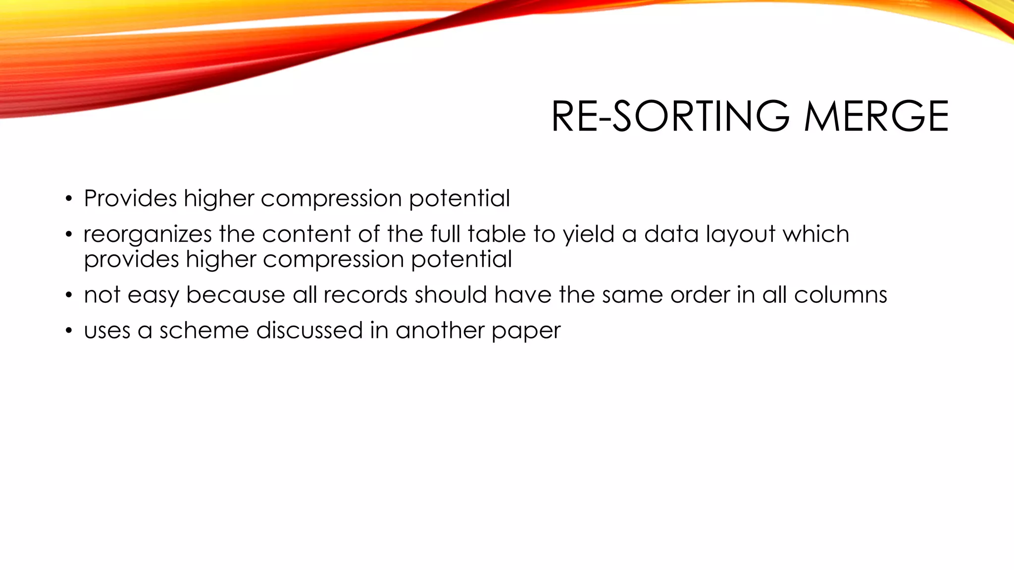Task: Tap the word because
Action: (235, 295)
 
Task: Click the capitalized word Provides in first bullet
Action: (130, 198)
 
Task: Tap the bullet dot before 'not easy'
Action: (69, 296)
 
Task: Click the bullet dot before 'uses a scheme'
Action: (69, 332)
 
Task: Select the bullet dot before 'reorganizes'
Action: (69, 235)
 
